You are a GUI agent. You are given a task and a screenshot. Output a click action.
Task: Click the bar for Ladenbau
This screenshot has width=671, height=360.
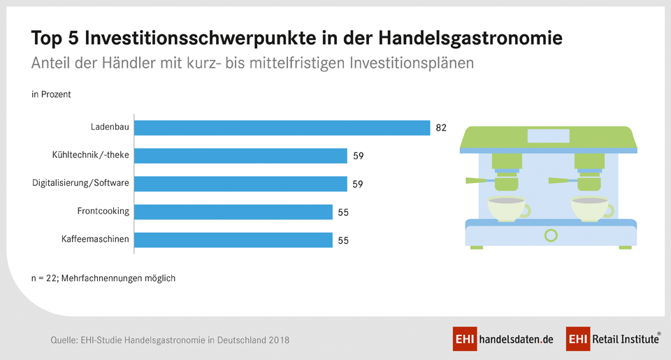click(x=282, y=128)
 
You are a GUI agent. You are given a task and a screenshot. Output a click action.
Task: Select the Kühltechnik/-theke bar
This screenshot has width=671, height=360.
click(x=240, y=156)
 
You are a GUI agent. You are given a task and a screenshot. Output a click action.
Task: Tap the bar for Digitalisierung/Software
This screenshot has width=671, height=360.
click(x=240, y=184)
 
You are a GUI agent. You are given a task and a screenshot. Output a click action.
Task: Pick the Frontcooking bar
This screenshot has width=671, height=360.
click(x=233, y=212)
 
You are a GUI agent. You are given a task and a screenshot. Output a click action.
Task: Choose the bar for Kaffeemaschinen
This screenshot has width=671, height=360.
click(x=233, y=240)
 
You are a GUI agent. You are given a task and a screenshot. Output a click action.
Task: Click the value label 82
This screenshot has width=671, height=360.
click(x=441, y=128)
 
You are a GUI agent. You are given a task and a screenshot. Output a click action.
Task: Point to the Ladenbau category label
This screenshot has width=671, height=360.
click(x=110, y=127)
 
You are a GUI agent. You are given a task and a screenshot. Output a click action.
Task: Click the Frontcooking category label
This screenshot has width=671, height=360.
click(x=103, y=211)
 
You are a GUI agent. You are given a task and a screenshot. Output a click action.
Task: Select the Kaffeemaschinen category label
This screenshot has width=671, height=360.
click(x=95, y=239)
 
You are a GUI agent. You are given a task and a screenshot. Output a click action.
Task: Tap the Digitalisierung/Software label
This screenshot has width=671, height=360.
click(x=81, y=183)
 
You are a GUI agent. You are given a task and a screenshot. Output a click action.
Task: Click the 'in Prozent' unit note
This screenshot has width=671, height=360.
click(x=51, y=94)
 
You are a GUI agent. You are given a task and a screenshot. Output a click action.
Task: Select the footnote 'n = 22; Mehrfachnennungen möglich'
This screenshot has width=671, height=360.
click(x=103, y=278)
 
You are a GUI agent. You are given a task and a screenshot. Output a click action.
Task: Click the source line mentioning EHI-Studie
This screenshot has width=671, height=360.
click(x=170, y=340)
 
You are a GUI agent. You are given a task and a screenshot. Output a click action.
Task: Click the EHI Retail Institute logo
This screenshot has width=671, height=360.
click(x=613, y=339)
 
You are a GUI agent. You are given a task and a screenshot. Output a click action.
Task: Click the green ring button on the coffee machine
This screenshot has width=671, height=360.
click(x=551, y=235)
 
